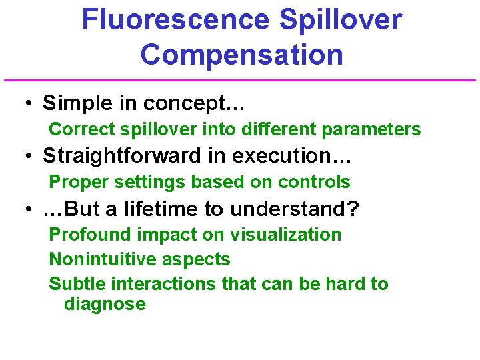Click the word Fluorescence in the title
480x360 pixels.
[x=175, y=20]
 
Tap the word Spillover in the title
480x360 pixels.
[x=341, y=20]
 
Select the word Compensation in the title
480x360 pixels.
[x=242, y=55]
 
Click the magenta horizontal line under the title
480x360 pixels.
[x=240, y=81]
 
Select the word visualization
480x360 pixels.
[x=286, y=235]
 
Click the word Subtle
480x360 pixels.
[x=78, y=284]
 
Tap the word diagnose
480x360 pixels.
[x=105, y=305]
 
